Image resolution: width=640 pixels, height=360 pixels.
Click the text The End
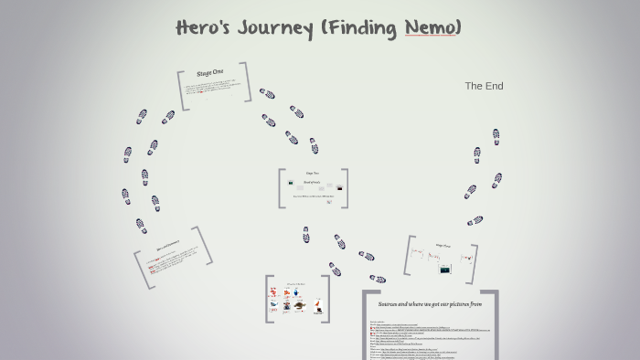click(484, 86)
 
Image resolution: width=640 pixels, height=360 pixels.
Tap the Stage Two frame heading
click(312, 173)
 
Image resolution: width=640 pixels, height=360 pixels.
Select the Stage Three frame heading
click(443, 245)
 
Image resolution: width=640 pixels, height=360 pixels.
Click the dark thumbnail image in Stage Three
click(444, 270)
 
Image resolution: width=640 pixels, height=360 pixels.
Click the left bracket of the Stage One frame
click(181, 91)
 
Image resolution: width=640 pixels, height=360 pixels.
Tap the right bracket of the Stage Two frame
click(345, 188)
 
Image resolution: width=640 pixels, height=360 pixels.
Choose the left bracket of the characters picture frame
click(267, 299)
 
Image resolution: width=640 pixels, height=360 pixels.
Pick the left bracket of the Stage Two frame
click(281, 188)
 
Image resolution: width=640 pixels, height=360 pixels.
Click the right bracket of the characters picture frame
click(326, 299)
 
